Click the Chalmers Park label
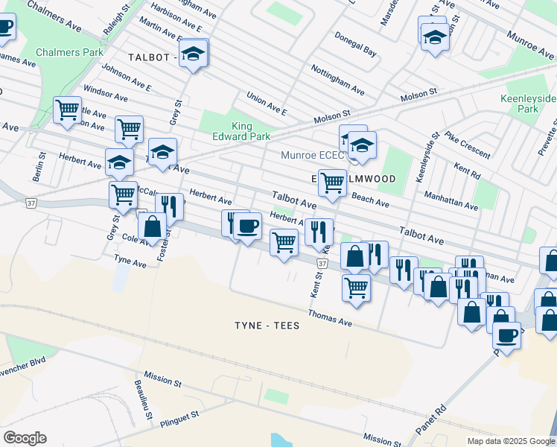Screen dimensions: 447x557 tap(71, 53)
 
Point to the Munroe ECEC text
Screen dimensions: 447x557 tap(312, 156)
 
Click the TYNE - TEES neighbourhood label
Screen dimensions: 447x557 tap(267, 326)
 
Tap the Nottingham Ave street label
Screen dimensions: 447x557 tap(337, 80)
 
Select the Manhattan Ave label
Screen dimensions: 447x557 tap(450, 199)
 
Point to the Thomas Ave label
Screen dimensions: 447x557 tap(329, 318)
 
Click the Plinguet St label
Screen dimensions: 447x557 tap(179, 419)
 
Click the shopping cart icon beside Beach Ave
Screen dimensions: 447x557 tap(331, 181)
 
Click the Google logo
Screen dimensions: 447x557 tap(25, 438)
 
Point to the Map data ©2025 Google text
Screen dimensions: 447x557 tap(510, 441)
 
